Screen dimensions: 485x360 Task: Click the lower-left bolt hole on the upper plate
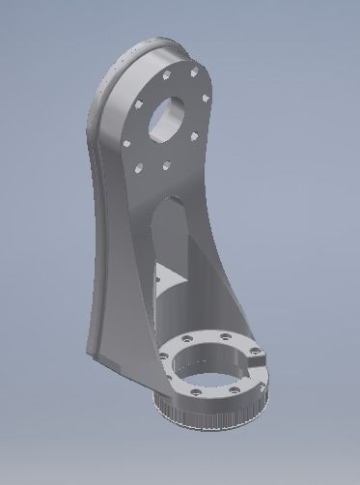(x=140, y=168)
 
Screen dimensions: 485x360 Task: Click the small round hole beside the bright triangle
(x=158, y=281)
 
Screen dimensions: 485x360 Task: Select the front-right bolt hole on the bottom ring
(x=235, y=390)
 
